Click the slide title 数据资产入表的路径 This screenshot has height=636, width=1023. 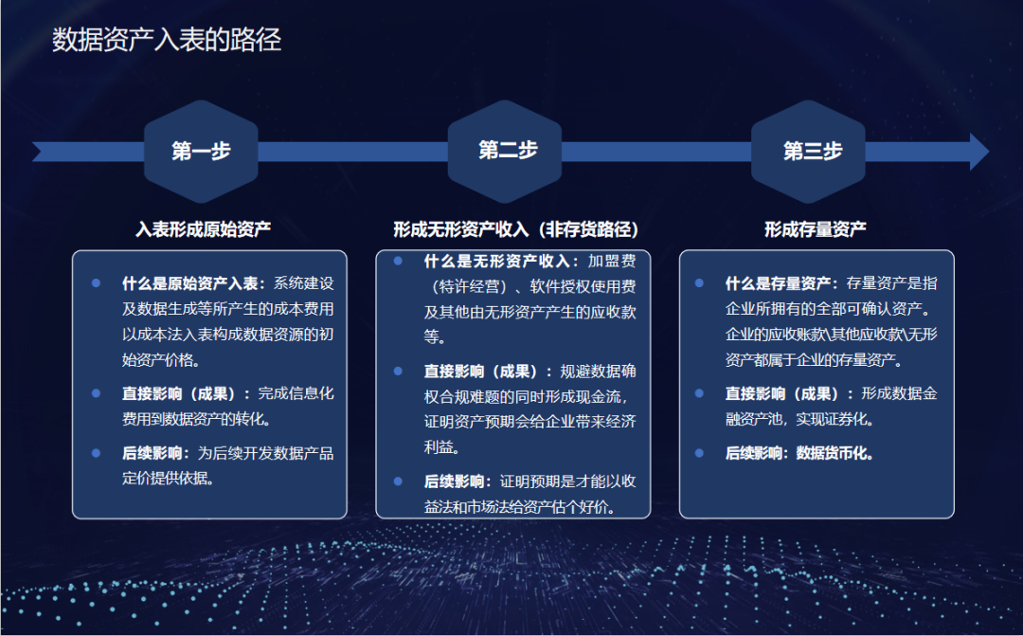click(x=167, y=40)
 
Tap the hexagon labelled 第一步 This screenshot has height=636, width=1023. click(x=201, y=152)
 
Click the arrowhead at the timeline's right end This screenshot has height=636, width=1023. click(x=978, y=152)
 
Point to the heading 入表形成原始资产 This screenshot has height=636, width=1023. click(x=203, y=229)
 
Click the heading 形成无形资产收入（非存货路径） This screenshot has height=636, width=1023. click(x=515, y=229)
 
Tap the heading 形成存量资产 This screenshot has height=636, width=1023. click(x=816, y=229)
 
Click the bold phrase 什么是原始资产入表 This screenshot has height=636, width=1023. click(x=189, y=283)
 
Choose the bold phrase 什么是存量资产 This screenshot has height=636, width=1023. click(x=778, y=283)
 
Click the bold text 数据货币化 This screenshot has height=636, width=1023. click(x=834, y=453)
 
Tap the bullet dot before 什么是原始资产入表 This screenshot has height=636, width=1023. click(x=96, y=283)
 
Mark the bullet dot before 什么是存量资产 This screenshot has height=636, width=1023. click(x=699, y=283)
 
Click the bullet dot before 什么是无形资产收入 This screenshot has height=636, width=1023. click(x=398, y=262)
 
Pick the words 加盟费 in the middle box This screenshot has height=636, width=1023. click(x=612, y=262)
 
